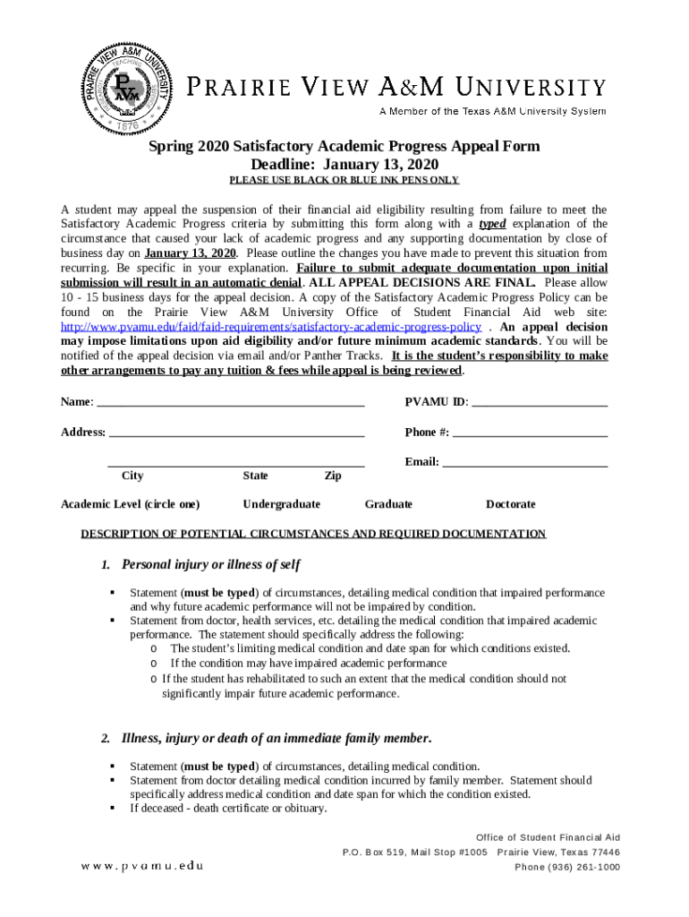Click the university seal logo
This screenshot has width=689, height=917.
[126, 86]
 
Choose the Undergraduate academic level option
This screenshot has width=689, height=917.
[281, 505]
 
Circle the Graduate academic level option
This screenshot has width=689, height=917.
[388, 505]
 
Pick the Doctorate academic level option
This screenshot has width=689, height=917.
[510, 505]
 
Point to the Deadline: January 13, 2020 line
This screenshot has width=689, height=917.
[344, 165]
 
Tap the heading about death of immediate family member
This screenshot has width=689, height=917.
[276, 739]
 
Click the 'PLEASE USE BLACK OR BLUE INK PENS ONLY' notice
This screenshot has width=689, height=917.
[344, 180]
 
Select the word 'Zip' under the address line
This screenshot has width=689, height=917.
[332, 476]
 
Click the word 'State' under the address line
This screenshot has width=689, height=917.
[255, 476]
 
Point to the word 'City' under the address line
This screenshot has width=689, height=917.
[132, 476]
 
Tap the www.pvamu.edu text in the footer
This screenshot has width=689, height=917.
[142, 866]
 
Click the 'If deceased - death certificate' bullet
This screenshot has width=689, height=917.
[228, 809]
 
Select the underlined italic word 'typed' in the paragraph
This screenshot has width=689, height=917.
[491, 224]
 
